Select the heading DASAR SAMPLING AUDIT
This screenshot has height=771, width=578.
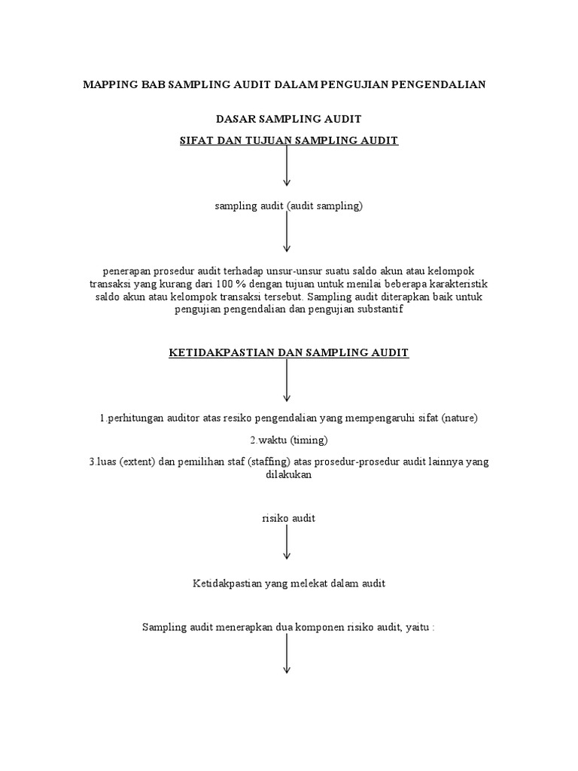(288, 119)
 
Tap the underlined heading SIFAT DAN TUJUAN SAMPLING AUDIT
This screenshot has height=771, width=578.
(288, 140)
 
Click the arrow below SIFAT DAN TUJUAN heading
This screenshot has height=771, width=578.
(287, 166)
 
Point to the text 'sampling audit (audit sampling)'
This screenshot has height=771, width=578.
(288, 206)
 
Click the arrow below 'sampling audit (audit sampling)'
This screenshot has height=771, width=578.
(287, 233)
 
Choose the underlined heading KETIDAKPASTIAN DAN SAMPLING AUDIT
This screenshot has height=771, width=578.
(288, 352)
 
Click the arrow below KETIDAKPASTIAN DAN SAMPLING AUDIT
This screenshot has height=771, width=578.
(287, 381)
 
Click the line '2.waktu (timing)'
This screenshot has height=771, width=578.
(288, 440)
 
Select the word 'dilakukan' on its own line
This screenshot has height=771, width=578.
(288, 476)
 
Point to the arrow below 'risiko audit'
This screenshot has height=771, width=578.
(287, 542)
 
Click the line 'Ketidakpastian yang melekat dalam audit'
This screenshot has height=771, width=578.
(288, 584)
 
